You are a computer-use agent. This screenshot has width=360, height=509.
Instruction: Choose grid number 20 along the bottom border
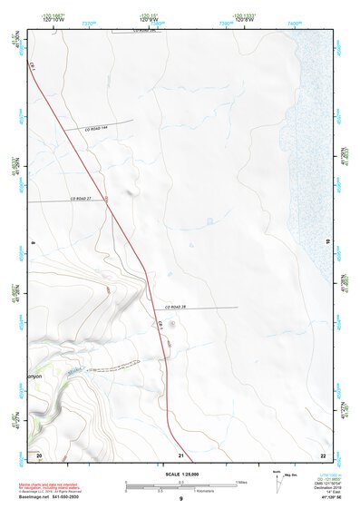click(x=39, y=455)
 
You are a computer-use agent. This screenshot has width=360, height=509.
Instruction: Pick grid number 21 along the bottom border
click(x=181, y=455)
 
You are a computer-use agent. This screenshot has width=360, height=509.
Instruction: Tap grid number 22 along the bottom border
click(x=322, y=455)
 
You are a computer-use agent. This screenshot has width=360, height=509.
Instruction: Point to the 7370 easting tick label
click(x=88, y=22)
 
